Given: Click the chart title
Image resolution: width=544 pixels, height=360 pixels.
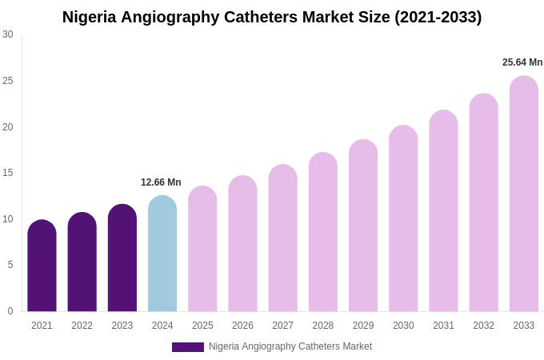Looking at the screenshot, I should coord(272,17).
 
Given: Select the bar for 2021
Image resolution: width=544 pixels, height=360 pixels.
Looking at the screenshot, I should coord(42,266).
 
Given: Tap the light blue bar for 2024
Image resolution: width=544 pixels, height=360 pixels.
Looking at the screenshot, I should coord(162,254).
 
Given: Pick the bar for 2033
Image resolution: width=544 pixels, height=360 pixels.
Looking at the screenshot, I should coord(524,194).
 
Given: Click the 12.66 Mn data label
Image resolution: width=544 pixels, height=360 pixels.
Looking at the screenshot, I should coord(161,182).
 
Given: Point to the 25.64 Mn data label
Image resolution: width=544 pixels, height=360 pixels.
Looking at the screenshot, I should coord(522,62).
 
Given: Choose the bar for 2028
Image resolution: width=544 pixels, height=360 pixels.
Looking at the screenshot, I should coord(323,232).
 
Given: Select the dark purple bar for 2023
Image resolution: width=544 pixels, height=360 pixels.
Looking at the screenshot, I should coord(122,258).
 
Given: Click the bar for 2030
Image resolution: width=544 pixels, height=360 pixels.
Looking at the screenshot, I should coord(403,218).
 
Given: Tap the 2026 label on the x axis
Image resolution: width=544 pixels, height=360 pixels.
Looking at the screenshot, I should coord(242,326).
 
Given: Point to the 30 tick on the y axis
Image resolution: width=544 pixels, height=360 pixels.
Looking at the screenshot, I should coord(8,34).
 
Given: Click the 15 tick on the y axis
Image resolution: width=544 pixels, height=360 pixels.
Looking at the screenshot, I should coord(8,173).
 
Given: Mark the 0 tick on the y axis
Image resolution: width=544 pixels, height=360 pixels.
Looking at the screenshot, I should coord(10,311).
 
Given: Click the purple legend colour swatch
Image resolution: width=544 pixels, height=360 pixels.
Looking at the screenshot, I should coord(188,347).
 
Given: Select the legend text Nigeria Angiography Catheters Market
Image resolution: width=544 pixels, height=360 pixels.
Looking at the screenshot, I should coord(290,346).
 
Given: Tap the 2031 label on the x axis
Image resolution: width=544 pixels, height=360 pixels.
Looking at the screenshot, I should coord(443,326).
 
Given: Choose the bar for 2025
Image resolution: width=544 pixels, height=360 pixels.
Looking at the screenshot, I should coord(202,249).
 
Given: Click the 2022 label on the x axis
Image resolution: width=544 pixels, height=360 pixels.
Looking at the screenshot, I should coord(82,326).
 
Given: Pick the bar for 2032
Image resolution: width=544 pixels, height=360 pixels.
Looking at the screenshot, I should coord(483,202).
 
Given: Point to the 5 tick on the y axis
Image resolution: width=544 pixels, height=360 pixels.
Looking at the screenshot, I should coord(10,265).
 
